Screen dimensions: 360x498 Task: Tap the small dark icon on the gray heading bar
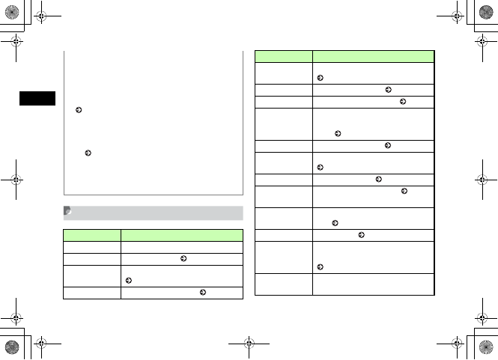[x=67, y=213]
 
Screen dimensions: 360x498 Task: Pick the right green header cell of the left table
[x=183, y=234]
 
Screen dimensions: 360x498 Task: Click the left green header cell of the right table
[x=283, y=56]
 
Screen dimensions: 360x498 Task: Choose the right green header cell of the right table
[x=373, y=56]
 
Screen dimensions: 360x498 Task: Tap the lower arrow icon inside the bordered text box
[x=88, y=153]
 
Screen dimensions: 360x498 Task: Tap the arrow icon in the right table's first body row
[x=321, y=78]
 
